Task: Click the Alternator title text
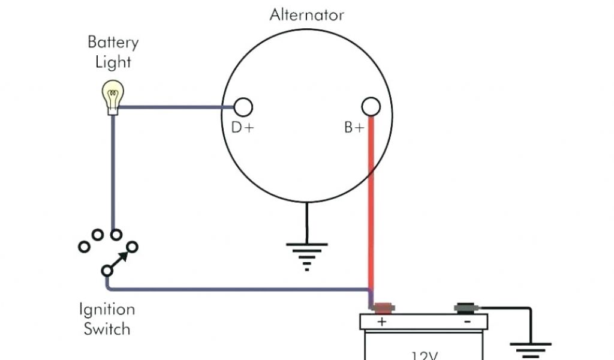point(306,14)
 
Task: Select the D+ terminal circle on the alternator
point(243,107)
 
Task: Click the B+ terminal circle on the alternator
point(371,107)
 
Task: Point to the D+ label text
point(243,127)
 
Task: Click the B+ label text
point(354,127)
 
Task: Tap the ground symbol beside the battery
point(531,348)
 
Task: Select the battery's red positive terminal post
point(383,309)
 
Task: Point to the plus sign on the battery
point(381,322)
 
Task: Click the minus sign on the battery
point(467,322)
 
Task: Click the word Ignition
point(107,310)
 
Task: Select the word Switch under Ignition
point(107,329)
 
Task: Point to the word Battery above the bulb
point(113,43)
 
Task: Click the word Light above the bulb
point(113,62)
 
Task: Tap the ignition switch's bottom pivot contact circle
point(107,271)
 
